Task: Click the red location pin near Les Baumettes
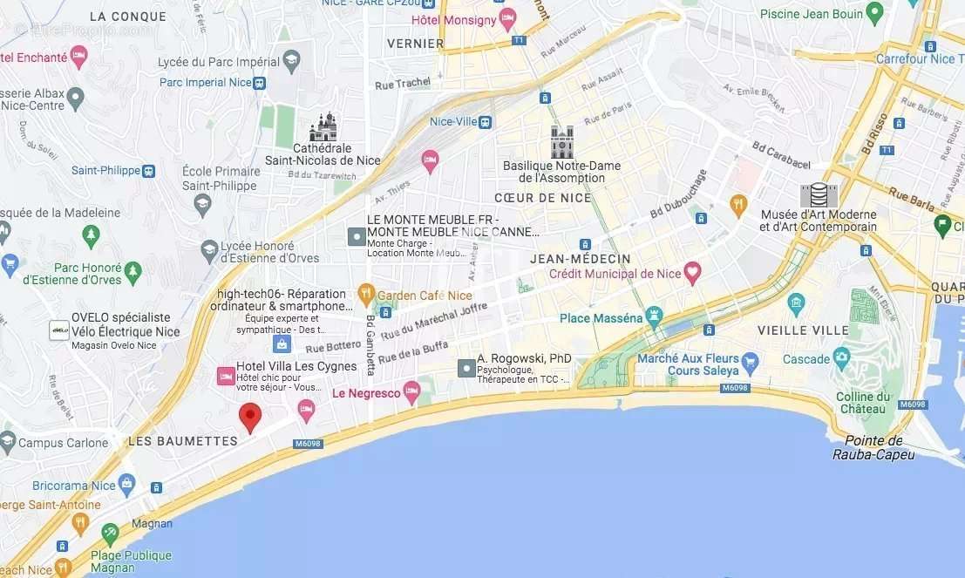[250, 418]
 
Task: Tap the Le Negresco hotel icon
[411, 391]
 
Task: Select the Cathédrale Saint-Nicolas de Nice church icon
[323, 127]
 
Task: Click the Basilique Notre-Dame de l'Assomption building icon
[562, 141]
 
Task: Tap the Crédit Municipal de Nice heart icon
[693, 273]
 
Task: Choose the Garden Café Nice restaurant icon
[366, 292]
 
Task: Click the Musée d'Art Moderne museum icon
[818, 196]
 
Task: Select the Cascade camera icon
[841, 357]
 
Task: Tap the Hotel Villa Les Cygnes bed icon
[225, 376]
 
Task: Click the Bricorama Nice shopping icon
[127, 482]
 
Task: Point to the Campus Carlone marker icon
[8, 441]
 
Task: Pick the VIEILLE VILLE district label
[803, 330]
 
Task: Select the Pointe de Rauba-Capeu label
[873, 447]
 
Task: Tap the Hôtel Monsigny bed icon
[508, 18]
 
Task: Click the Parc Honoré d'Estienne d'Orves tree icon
[133, 271]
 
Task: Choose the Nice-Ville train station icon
[486, 122]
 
